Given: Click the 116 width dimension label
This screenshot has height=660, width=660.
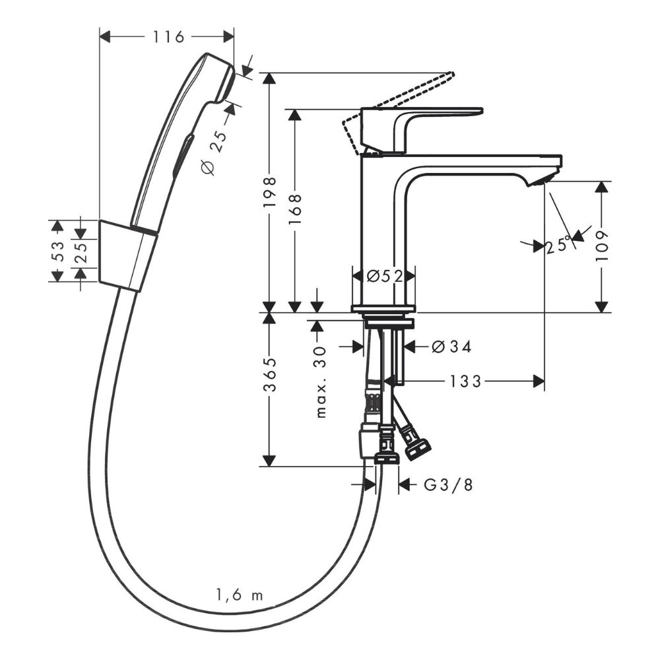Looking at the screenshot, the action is pos(168,37).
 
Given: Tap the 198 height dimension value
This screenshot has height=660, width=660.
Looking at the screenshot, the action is pos(269,192).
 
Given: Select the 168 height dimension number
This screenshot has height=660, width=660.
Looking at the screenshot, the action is pos(295,209).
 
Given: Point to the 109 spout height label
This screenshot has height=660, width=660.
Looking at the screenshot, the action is pos(603,246).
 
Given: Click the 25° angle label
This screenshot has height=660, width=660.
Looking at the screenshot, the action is pos(559,246).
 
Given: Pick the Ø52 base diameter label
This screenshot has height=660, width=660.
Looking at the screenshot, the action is pos(385,276).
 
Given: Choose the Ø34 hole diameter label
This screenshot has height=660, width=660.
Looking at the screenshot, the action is pos(451,346).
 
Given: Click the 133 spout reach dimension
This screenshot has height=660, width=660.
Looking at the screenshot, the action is pos(465,381).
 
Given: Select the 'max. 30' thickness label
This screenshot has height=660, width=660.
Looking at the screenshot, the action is pos(321,381).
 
